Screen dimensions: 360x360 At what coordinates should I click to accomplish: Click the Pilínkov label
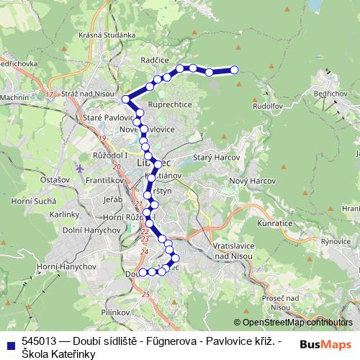[x=114, y=312]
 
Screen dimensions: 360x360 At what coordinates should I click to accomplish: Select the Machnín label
[x=15, y=97]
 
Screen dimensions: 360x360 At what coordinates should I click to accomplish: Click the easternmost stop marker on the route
[x=234, y=70]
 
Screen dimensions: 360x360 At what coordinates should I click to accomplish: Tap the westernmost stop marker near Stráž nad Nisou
[x=126, y=99]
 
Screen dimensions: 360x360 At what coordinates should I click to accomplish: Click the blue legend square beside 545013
[x=9, y=342]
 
